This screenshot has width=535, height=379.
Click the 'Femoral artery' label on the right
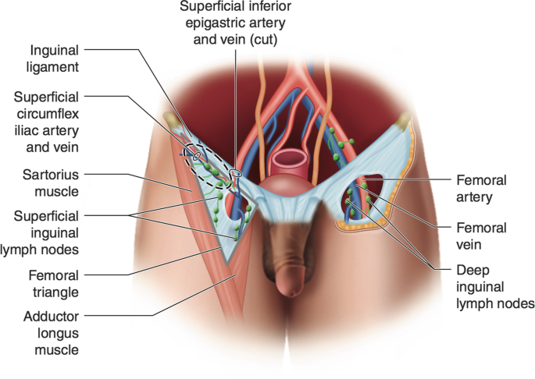(480, 188)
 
